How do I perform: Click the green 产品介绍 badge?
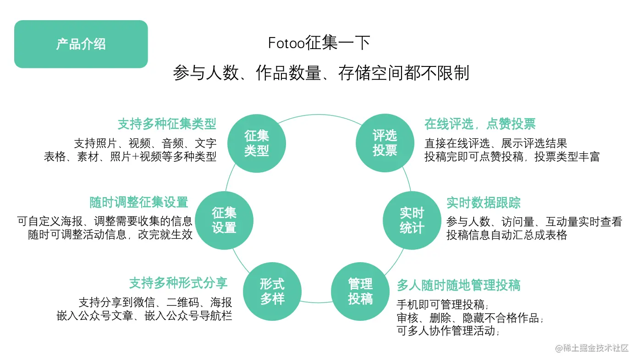coord(81,44)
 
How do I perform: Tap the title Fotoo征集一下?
coord(319,44)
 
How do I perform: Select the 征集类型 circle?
coord(257,143)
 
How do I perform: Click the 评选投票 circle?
coord(385,143)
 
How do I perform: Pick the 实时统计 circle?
coord(412,220)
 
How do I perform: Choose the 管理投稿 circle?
coord(360,291)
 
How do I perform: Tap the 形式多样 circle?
coord(272,291)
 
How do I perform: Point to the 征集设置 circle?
coord(224,220)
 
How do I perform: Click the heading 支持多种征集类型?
coord(167,124)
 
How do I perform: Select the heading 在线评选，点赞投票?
coord(480,124)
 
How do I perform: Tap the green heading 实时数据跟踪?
coord(484,203)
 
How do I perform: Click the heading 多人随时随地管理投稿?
coord(458,285)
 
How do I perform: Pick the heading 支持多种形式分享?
coord(178,283)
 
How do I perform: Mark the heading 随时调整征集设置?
coord(139,202)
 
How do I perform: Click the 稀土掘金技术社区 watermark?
coord(592,348)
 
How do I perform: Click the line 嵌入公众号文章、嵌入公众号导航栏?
coord(144,316)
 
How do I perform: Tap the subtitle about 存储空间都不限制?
coord(321,73)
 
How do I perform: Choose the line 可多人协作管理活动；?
coord(448,330)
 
